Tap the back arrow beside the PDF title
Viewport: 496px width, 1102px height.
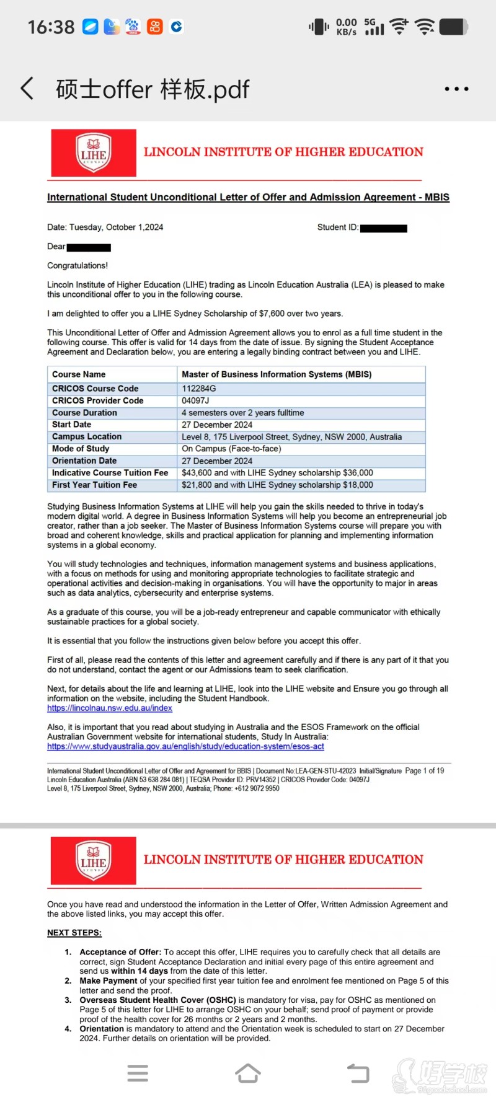pyautogui.click(x=27, y=89)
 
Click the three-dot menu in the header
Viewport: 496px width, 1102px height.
pyautogui.click(x=456, y=89)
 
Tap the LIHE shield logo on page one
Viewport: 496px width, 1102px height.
pyautogui.click(x=94, y=153)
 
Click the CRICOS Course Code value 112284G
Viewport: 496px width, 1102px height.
pyautogui.click(x=199, y=389)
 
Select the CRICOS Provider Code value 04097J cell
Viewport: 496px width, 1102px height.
pyautogui.click(x=195, y=400)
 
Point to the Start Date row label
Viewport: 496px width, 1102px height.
pyautogui.click(x=72, y=425)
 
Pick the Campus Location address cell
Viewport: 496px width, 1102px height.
pyautogui.click(x=291, y=437)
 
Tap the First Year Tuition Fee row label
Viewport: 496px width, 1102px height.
pyautogui.click(x=95, y=485)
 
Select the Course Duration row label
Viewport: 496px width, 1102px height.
pyautogui.click(x=84, y=413)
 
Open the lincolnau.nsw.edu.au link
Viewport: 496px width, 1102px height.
pyautogui.click(x=110, y=708)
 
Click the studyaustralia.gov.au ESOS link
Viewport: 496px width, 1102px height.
pyautogui.click(x=185, y=746)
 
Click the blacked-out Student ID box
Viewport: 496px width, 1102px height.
pyautogui.click(x=383, y=228)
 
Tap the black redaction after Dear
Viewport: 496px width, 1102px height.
pyautogui.click(x=89, y=247)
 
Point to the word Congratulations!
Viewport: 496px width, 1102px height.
pyautogui.click(x=77, y=266)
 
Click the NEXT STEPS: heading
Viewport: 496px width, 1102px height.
pyautogui.click(x=74, y=933)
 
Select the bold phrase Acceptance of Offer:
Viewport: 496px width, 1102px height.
pyautogui.click(x=120, y=952)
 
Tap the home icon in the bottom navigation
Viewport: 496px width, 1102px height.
pyautogui.click(x=248, y=1073)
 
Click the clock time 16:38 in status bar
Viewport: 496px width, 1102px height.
pyautogui.click(x=51, y=27)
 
